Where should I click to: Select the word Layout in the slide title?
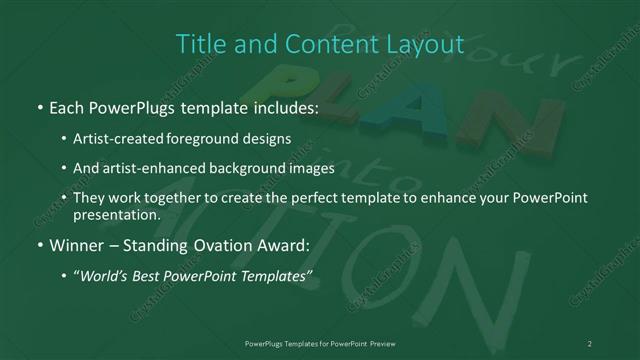(427, 44)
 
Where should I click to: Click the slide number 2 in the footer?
(590, 343)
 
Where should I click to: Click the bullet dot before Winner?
(39, 244)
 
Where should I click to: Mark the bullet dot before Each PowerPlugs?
(39, 105)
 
